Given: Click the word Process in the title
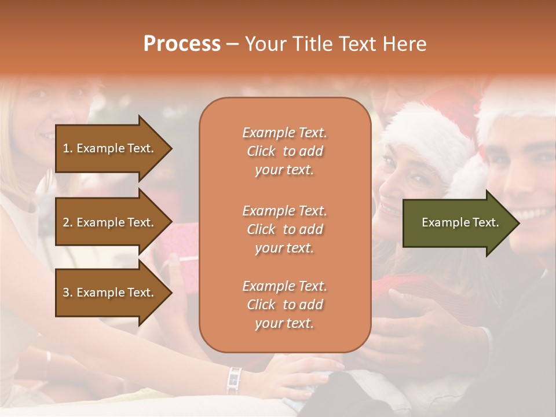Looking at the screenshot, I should pos(182,44).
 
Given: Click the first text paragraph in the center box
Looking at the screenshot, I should pos(284,151).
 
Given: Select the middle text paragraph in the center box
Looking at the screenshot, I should pos(284,229).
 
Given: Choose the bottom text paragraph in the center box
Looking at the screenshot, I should pos(284,305).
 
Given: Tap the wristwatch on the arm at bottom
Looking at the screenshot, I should pos(234,380).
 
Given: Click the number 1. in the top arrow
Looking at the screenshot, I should pos(68,148).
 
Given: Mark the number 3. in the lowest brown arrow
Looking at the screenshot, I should pos(68,292).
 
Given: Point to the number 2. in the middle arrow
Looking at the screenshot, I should pos(68,222).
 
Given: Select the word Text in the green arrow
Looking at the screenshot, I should pos(486,222).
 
